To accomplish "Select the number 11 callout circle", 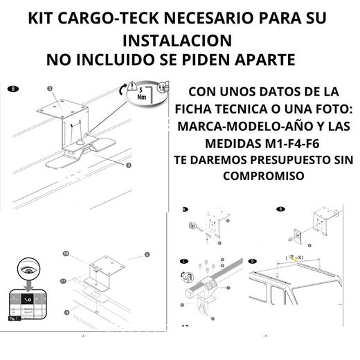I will pyautogui.click(x=64, y=280).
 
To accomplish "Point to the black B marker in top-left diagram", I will pyautogui.click(x=11, y=89).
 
